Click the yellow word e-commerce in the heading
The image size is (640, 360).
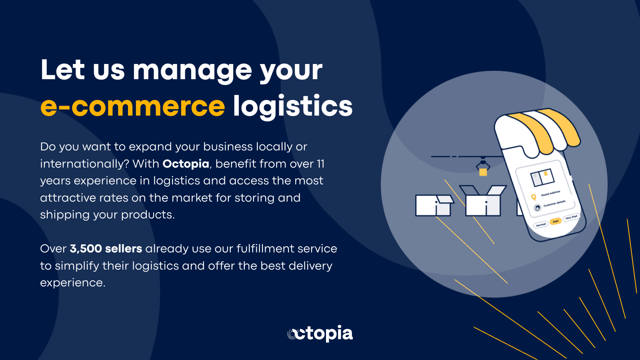pos(133,106)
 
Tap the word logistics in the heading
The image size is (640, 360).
pos(292,106)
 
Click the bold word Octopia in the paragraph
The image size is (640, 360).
pos(186,164)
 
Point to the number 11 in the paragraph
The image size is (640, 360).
pos(320,164)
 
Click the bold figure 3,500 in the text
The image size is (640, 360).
pos(86,249)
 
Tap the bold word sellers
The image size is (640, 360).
pos(124,249)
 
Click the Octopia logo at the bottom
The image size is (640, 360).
pos(320,333)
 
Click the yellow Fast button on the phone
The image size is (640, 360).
pos(556,221)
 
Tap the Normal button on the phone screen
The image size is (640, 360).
pos(541,225)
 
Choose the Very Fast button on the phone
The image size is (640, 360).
pos(571,217)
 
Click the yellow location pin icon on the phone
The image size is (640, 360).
pos(533,197)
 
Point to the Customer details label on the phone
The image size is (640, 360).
pos(554,204)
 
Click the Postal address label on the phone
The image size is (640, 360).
pos(550,194)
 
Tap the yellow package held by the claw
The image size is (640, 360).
pos(483,172)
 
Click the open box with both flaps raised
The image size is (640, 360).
pos(483,202)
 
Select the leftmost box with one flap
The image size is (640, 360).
pos(434,205)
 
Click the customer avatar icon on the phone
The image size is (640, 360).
pos(538,208)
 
